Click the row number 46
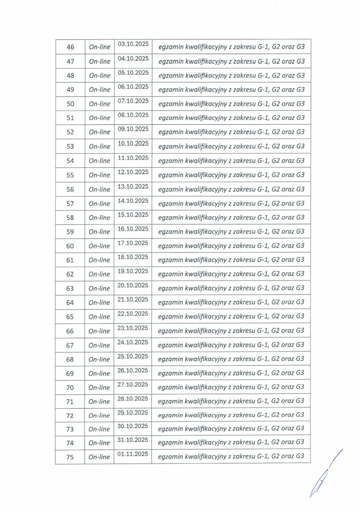[x=70, y=47]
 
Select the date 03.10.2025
[x=133, y=44]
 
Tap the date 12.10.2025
[x=133, y=172]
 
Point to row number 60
[x=70, y=246]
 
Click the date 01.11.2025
[x=133, y=454]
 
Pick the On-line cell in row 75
[x=99, y=457]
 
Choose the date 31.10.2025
[x=133, y=439]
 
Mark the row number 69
[x=70, y=373]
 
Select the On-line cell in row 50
[x=99, y=104]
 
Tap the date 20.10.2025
[x=133, y=285]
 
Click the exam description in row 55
[x=231, y=175]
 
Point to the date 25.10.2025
[x=133, y=356]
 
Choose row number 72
[x=70, y=416]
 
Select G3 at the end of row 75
[x=300, y=456]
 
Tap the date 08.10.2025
[x=133, y=115]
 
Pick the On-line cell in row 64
[x=99, y=303]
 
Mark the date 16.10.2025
[x=133, y=228]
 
